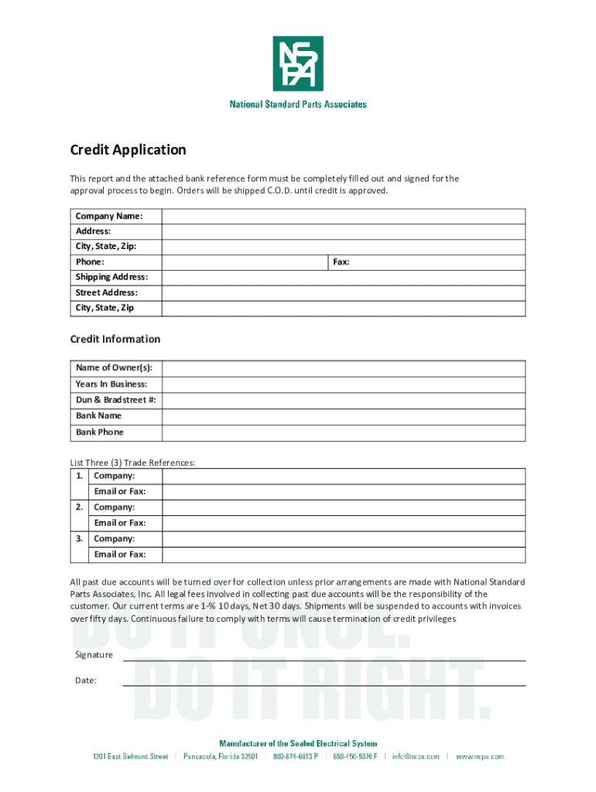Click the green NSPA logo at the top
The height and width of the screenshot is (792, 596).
(x=298, y=63)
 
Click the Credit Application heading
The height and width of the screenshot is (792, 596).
(x=128, y=150)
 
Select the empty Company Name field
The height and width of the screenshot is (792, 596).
(x=344, y=216)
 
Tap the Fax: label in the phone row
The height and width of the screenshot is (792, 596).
(x=341, y=262)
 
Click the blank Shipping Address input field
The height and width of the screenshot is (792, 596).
(x=344, y=277)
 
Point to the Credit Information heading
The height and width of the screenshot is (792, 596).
(x=115, y=339)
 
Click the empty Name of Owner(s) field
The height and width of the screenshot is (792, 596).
(x=344, y=368)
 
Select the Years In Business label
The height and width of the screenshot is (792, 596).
(x=111, y=384)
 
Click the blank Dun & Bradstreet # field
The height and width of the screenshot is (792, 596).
(x=344, y=400)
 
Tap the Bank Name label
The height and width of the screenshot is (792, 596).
(x=98, y=415)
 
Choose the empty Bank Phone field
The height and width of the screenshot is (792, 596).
(x=344, y=432)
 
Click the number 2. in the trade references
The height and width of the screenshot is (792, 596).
(x=80, y=507)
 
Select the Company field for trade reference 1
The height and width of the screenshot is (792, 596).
(x=344, y=476)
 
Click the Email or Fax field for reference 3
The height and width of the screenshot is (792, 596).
(x=344, y=555)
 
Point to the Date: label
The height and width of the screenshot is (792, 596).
(x=86, y=681)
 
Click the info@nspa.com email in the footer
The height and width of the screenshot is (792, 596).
(x=416, y=756)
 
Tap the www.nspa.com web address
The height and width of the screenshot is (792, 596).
(x=480, y=756)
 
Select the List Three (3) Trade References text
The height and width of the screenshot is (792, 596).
(x=132, y=463)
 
